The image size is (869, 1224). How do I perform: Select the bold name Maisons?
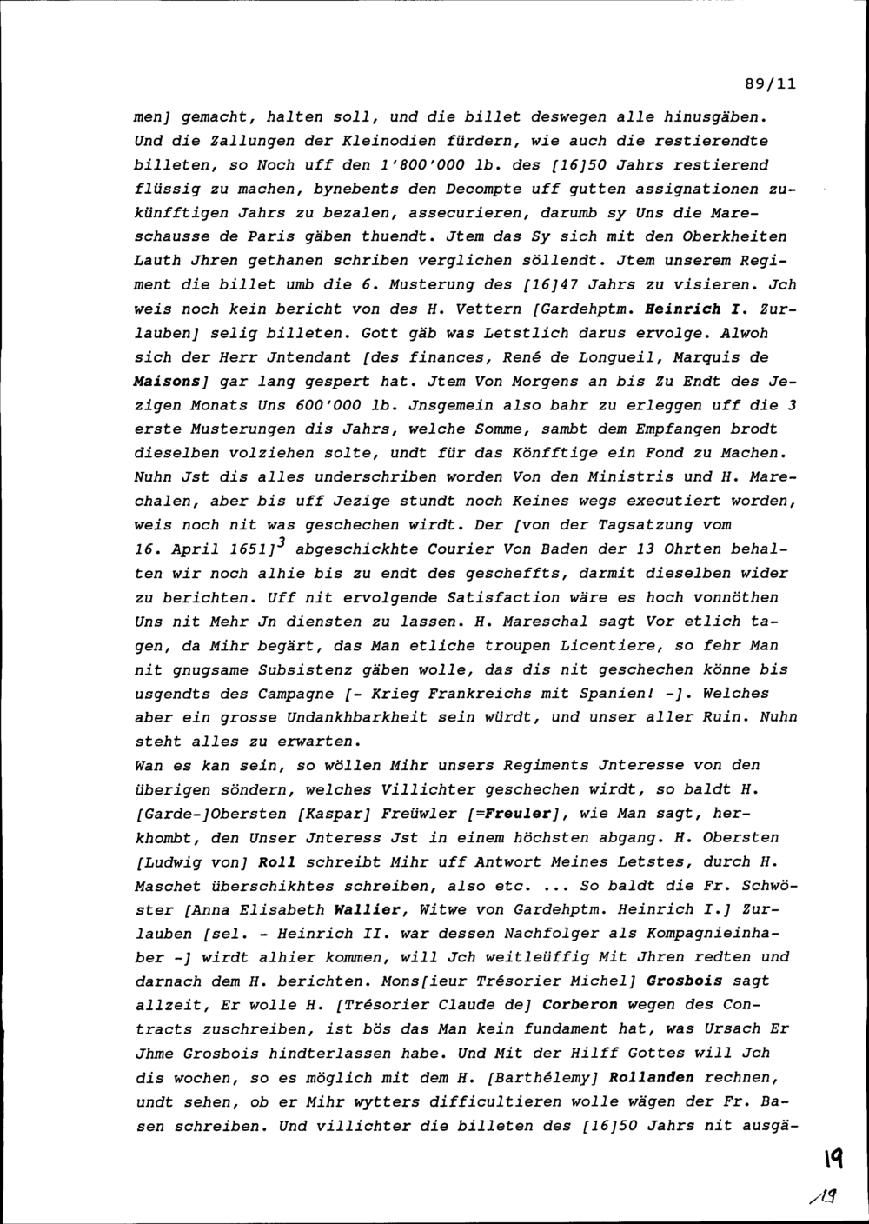pos(163,381)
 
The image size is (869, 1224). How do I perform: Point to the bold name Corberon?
pos(580,1005)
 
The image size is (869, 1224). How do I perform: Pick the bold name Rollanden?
pos(652,1077)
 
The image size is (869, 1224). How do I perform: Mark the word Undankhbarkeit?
pos(359,717)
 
